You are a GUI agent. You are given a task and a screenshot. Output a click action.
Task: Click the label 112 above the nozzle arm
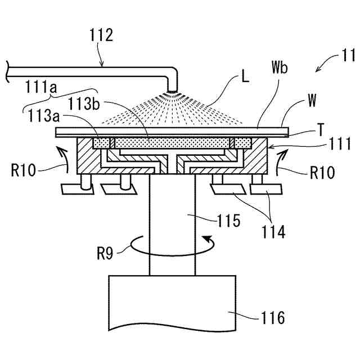(101, 37)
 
